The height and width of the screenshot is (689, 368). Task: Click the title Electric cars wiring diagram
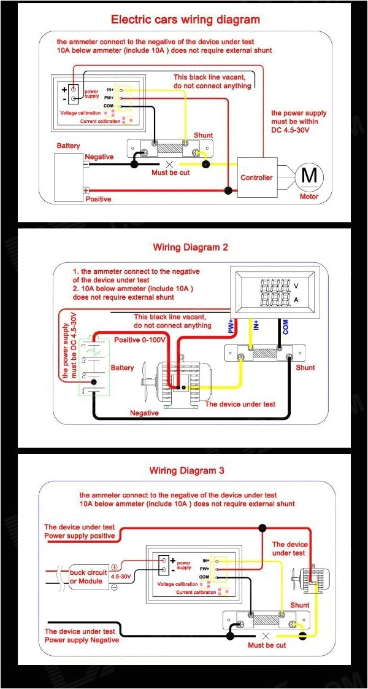pyautogui.click(x=185, y=20)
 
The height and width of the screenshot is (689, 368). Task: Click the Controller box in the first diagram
pyautogui.click(x=256, y=178)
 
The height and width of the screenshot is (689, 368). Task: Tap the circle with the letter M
pyautogui.click(x=310, y=176)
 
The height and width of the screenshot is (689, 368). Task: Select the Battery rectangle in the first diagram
pyautogui.click(x=69, y=177)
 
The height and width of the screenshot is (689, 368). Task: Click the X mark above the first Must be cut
pyautogui.click(x=170, y=164)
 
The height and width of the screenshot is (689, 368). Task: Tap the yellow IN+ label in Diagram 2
pyautogui.click(x=256, y=324)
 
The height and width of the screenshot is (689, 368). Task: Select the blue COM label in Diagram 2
pyautogui.click(x=286, y=326)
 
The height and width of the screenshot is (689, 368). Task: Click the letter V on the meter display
pyautogui.click(x=296, y=286)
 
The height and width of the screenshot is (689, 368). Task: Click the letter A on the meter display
pyautogui.click(x=296, y=300)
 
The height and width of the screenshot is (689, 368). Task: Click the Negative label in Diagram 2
pyautogui.click(x=144, y=413)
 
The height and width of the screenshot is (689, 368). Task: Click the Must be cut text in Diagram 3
pyautogui.click(x=267, y=645)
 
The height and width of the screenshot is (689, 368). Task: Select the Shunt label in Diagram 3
pyautogui.click(x=300, y=605)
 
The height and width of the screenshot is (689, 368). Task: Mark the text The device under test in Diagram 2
pyautogui.click(x=240, y=404)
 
